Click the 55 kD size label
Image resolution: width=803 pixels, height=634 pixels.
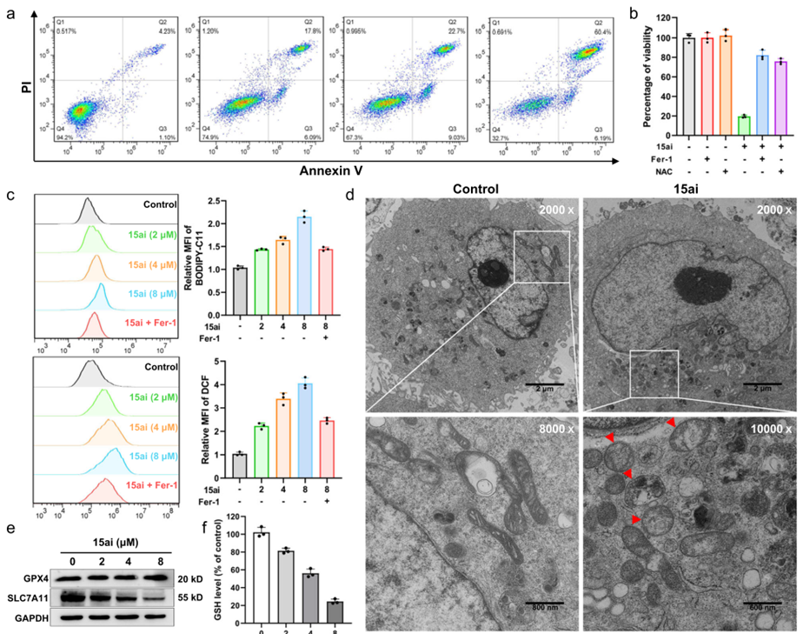191,597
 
